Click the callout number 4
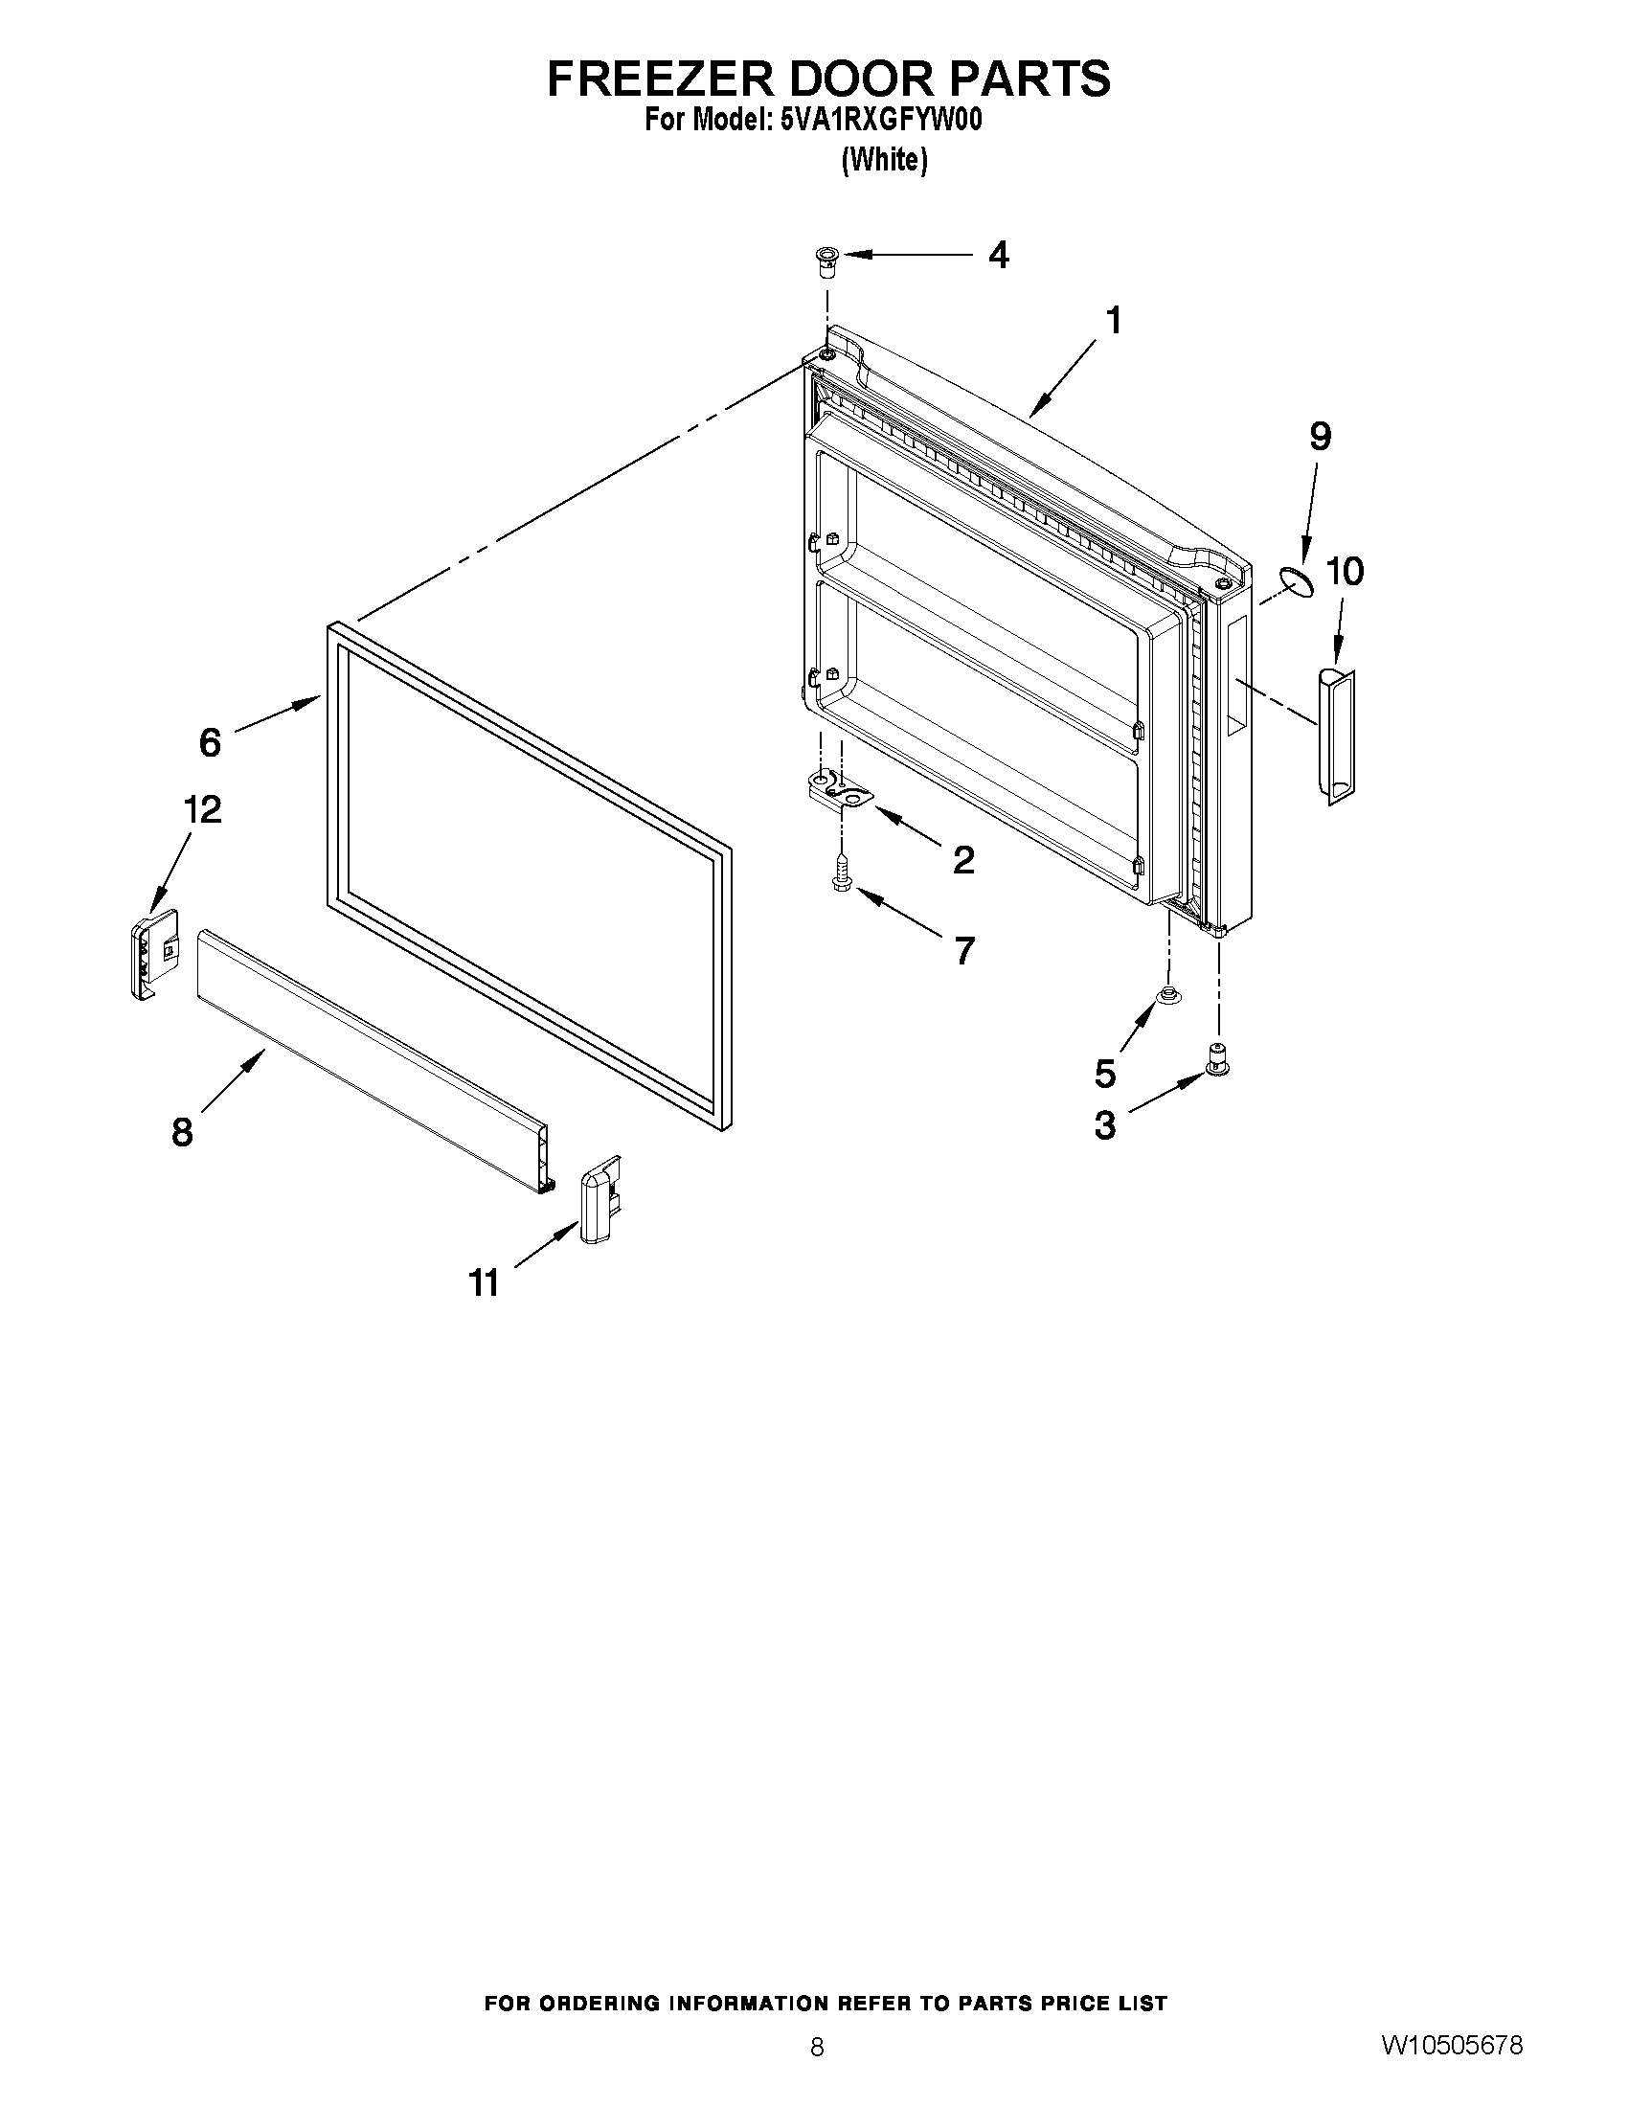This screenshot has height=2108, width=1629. pos(999,256)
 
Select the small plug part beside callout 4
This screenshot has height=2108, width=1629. pos(826,261)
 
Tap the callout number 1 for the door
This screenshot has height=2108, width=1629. pos(1114,321)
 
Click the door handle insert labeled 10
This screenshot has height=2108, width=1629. pos(1336,735)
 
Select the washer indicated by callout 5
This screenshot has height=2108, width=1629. pos(1168,997)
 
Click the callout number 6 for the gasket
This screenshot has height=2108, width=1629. pos(210,742)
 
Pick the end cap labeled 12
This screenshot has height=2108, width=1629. pos(153,953)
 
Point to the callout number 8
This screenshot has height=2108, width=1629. pos(181,1131)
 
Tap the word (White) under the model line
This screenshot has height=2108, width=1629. pos(884,160)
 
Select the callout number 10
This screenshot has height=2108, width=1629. pos(1345,572)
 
